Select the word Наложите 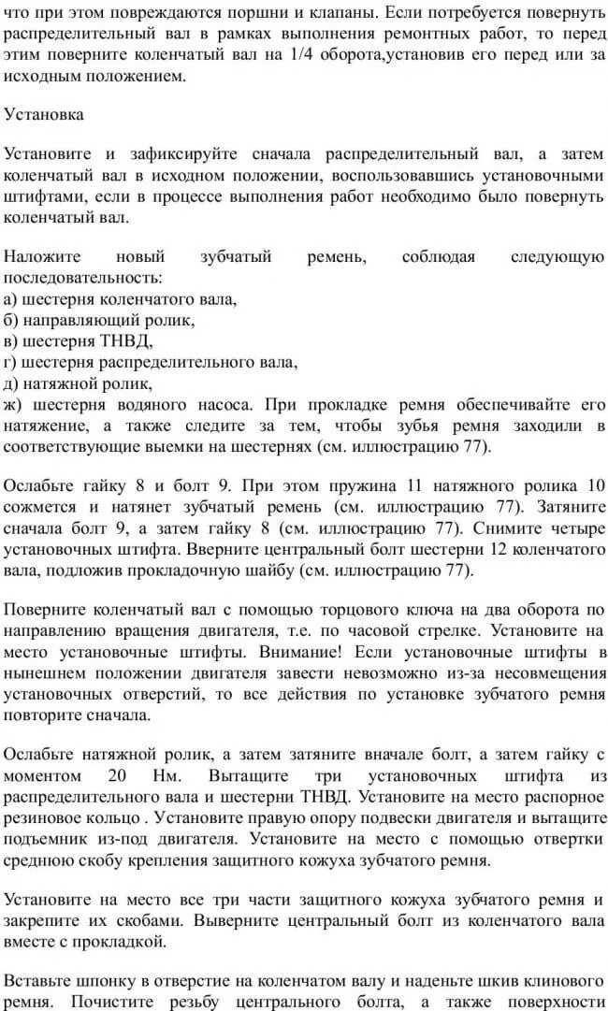[x=42, y=257]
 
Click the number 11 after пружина [x=418, y=485]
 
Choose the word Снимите [x=518, y=527]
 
